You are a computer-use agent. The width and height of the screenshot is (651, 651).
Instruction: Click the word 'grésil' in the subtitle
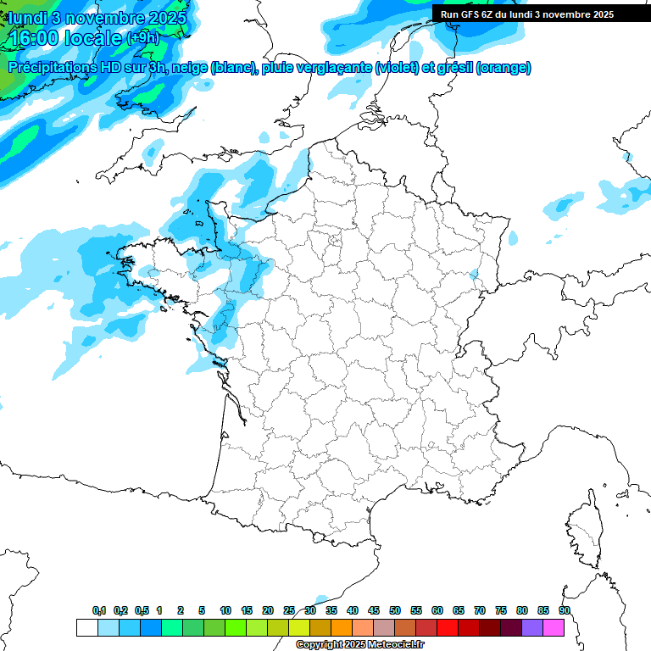tap(455, 67)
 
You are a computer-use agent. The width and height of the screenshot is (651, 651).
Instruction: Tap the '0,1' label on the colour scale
tap(98, 610)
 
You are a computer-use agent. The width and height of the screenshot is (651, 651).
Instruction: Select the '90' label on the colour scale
tap(564, 610)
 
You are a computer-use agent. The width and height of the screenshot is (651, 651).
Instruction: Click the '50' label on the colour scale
tap(395, 610)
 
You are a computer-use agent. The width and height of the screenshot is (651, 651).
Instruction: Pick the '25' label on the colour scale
tap(289, 610)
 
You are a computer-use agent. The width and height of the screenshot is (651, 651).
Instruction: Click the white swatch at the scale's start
tap(86, 627)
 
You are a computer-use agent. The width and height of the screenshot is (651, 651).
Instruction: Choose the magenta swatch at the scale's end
tap(554, 627)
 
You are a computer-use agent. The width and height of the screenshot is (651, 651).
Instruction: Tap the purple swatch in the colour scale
tap(532, 627)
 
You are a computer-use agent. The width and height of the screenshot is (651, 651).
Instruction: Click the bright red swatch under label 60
tap(447, 627)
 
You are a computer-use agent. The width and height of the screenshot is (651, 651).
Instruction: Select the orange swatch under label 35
tap(341, 627)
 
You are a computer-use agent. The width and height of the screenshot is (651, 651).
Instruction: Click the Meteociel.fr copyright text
tap(359, 644)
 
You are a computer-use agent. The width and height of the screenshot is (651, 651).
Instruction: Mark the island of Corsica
tap(584, 529)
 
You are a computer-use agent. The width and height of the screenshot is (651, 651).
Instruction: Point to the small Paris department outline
tap(336, 240)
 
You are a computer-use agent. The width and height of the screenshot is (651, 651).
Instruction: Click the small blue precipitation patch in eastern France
tap(473, 275)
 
